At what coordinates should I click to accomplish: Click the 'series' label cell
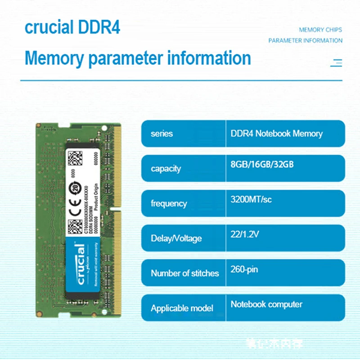pos(162,134)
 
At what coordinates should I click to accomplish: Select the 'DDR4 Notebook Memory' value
pos(276,134)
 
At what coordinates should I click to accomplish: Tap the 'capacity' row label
pos(166,169)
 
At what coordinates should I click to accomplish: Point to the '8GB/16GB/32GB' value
pos(262,164)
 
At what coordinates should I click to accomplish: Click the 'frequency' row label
pos(168,203)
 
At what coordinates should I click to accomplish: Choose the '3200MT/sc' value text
pos(251,199)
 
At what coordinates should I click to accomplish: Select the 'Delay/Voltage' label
pos(176,238)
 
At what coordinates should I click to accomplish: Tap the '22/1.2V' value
pos(244,234)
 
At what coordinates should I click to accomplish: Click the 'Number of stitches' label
pos(184,273)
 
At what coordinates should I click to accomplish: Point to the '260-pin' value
pos(244,270)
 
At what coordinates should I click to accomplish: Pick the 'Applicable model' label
pos(182,308)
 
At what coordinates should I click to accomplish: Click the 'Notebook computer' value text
pos(266,304)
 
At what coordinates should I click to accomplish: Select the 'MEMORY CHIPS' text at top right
pos(320,30)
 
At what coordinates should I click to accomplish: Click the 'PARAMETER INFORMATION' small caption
pos(305,40)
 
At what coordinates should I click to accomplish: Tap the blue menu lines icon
pos(336,63)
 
